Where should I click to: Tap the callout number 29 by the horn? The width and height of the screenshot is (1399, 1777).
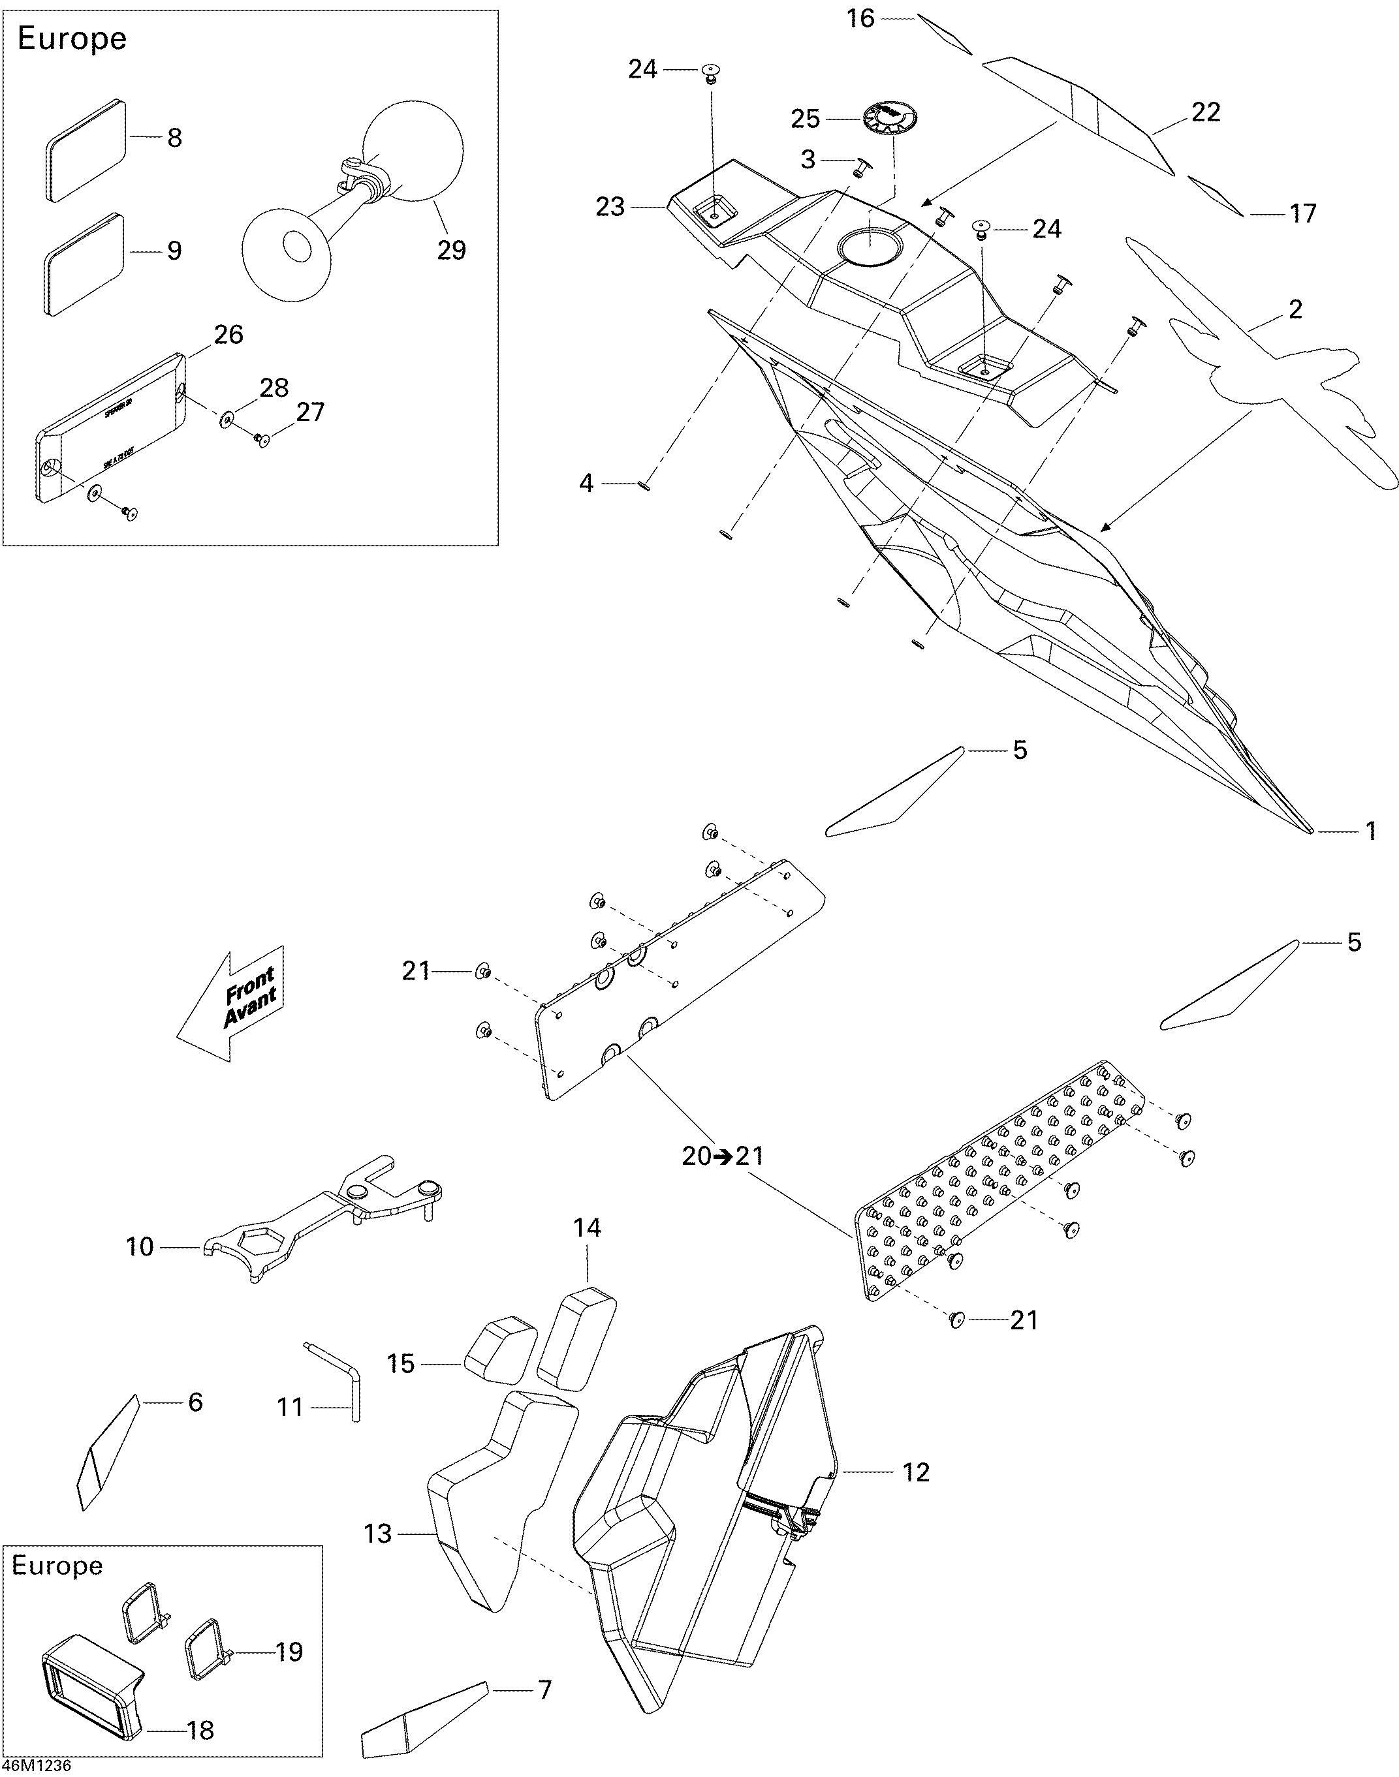coord(451,250)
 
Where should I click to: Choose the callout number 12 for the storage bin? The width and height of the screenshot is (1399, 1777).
coord(917,1472)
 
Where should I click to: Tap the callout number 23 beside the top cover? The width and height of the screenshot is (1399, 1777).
coord(610,207)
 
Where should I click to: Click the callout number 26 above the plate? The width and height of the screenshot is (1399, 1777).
coord(228,334)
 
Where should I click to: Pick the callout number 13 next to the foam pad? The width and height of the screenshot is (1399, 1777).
coord(377,1534)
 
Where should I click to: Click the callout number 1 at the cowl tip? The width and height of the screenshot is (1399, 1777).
coord(1371,832)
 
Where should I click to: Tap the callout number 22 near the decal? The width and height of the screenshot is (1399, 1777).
coord(1206,112)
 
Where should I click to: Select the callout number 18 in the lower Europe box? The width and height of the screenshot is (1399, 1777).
coord(200,1730)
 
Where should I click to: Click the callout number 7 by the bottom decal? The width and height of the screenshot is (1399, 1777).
coord(544,1690)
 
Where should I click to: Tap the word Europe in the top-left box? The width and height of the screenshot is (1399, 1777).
coord(72,39)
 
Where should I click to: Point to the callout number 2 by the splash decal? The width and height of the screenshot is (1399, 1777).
coord(1295,309)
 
